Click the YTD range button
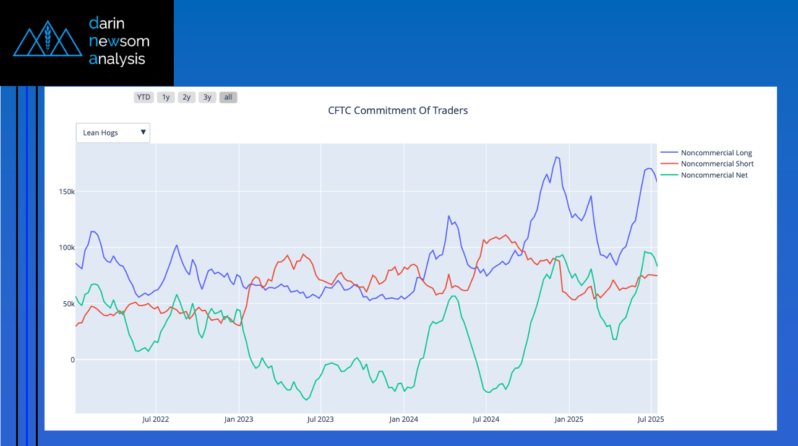click(x=144, y=97)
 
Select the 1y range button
click(x=166, y=97)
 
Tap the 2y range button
click(x=186, y=97)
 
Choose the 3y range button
click(x=207, y=97)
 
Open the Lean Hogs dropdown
click(x=113, y=132)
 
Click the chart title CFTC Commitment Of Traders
click(x=398, y=111)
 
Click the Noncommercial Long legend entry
click(x=716, y=153)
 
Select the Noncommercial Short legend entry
click(x=717, y=164)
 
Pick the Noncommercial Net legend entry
click(x=714, y=175)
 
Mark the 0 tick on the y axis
click(x=72, y=360)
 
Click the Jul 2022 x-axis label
click(x=156, y=419)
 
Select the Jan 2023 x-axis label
click(x=239, y=419)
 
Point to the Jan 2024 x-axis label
click(x=404, y=419)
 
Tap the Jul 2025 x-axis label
click(x=651, y=419)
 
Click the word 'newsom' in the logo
click(x=119, y=41)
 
